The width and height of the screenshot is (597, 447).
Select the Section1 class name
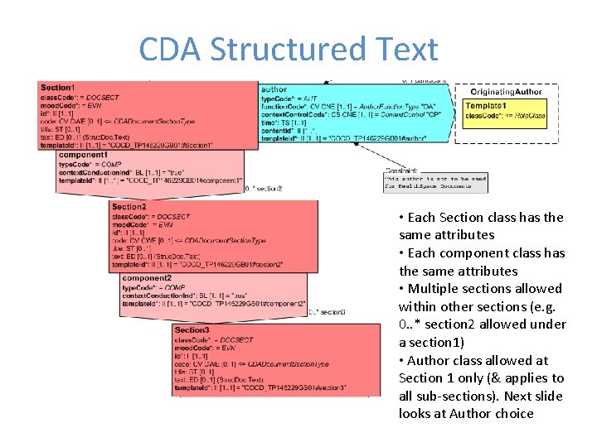click(57, 88)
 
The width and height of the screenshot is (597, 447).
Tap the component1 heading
click(83, 156)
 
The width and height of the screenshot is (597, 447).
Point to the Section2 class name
click(129, 207)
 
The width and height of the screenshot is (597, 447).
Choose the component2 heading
click(147, 278)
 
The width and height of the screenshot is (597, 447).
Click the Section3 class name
click(192, 330)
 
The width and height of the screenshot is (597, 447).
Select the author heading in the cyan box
click(274, 89)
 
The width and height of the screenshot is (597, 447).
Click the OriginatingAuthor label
click(508, 92)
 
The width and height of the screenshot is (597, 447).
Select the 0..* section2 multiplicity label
click(264, 189)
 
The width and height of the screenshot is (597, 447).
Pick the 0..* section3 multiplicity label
click(327, 312)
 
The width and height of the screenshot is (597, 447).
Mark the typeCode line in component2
click(153, 287)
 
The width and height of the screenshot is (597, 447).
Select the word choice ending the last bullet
click(513, 414)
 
